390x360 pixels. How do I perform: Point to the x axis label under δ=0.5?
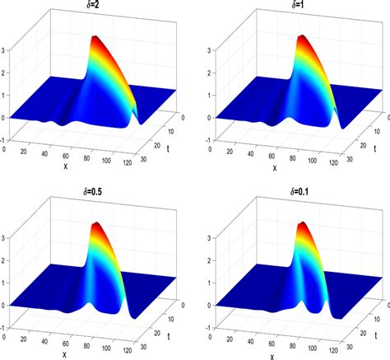click(x=65, y=353)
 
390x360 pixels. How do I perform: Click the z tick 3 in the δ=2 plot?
click(x=6, y=49)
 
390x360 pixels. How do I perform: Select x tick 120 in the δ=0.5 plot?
click(x=127, y=353)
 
